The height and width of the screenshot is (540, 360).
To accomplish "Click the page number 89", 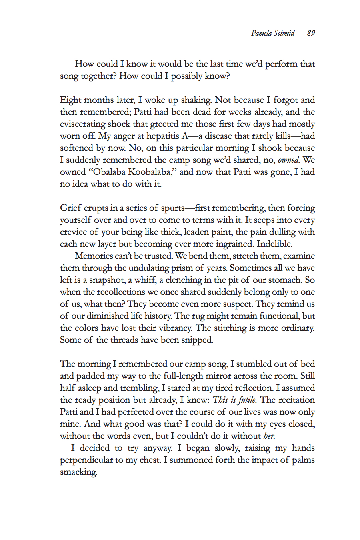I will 311,33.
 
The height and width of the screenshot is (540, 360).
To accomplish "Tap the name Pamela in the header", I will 262,33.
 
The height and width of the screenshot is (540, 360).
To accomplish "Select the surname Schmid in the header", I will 284,33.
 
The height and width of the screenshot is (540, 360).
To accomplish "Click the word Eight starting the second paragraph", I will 70,100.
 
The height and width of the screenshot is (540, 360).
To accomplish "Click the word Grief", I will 70,208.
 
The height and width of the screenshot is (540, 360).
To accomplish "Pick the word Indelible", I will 274,244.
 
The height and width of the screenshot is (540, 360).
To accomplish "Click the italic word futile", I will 247,400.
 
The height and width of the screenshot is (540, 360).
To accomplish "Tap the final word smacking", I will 78,472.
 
